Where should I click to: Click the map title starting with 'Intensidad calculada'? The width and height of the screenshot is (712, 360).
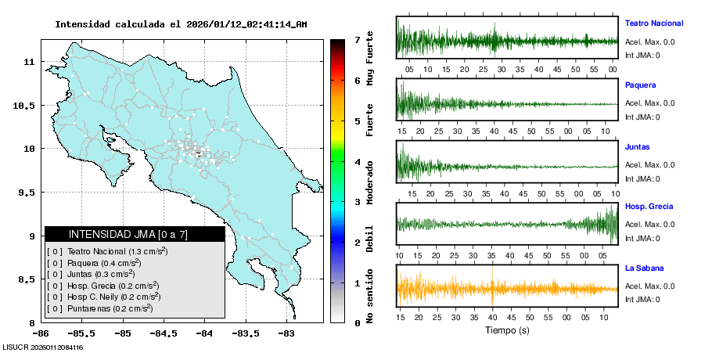181,24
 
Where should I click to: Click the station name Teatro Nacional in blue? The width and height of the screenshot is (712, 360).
653,23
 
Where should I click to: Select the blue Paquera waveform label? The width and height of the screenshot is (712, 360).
640,85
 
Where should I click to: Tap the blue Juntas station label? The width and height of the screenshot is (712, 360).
637,147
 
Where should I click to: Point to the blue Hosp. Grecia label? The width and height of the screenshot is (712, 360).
649,207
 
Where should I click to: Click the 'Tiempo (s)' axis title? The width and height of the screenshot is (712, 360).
507,330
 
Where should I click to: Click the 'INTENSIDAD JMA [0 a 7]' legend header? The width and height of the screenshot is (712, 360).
128,234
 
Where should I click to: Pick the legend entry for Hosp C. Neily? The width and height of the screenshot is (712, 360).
113,297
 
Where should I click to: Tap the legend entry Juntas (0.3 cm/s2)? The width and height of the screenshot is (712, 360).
101,274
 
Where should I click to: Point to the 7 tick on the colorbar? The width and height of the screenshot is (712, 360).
357,39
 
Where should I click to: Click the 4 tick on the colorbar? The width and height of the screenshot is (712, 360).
357,162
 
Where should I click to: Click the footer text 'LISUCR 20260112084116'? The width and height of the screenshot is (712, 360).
44,347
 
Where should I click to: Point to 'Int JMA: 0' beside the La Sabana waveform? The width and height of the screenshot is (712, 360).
642,299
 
